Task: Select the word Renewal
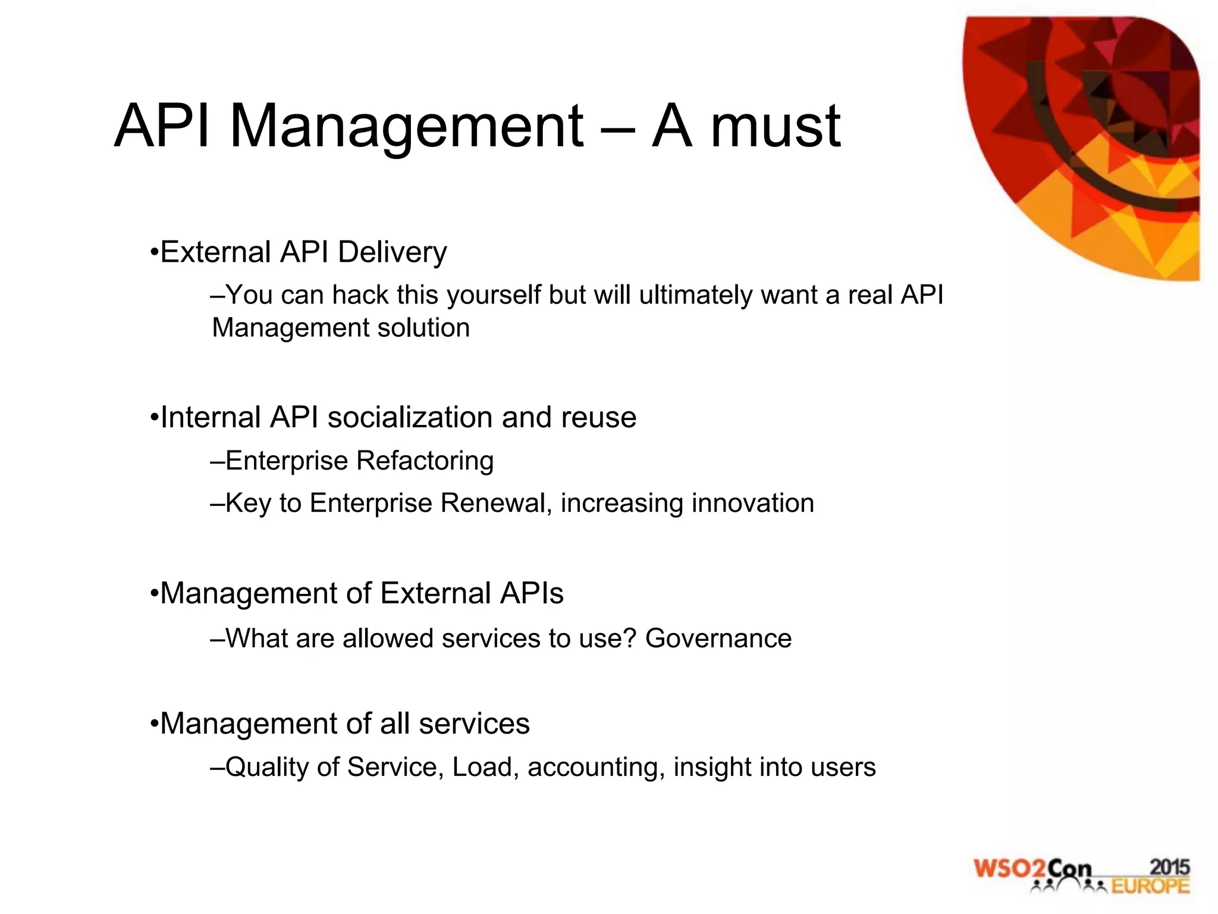click(492, 503)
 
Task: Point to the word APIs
click(532, 593)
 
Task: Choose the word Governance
click(718, 638)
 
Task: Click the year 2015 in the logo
click(1169, 867)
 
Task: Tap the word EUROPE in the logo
click(1150, 886)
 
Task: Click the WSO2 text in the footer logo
click(1009, 869)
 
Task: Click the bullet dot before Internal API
click(154, 418)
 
